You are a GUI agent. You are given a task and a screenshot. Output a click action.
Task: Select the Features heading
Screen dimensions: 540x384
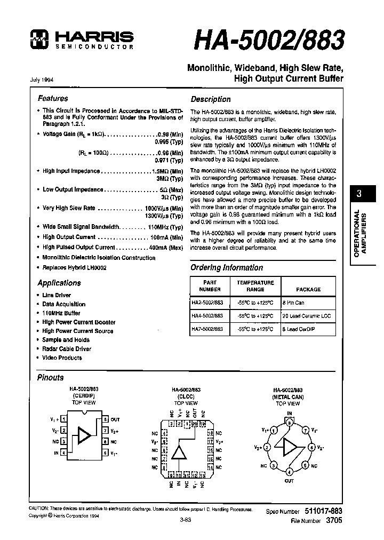tap(53, 98)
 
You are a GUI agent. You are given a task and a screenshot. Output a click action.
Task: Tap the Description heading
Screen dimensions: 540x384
tap(211, 99)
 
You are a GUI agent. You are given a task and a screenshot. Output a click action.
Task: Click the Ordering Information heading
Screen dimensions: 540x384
tap(227, 267)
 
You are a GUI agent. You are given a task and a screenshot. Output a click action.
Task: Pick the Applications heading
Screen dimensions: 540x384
tap(59, 283)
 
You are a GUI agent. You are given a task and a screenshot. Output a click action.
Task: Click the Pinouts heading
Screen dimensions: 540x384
tap(50, 378)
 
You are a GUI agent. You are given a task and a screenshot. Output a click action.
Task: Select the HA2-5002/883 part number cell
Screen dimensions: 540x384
tap(207, 301)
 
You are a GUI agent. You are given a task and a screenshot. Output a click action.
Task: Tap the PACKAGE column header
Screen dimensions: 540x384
tap(308, 289)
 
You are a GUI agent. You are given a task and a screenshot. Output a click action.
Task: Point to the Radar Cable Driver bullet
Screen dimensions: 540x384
tap(67, 348)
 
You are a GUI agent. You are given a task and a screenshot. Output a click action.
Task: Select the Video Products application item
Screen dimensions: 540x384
tap(62, 358)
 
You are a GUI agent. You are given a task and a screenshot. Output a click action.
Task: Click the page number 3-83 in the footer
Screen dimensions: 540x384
tap(186, 518)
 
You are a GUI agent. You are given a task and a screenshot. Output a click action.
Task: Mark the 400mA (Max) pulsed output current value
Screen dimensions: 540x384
tap(165, 248)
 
